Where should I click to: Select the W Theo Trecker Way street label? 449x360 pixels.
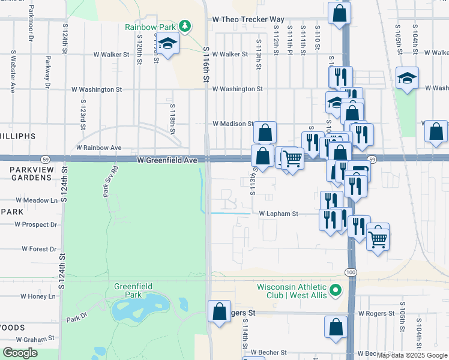tap(248, 19)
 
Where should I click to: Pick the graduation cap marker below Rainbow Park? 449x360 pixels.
tap(168, 44)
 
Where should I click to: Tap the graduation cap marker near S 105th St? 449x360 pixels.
tap(408, 78)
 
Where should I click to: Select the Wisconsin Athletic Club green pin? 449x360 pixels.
tap(336, 291)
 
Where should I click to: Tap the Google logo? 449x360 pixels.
tap(20, 353)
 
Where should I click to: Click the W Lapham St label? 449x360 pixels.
tap(279, 214)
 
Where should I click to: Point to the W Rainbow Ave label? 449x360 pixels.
tap(98, 148)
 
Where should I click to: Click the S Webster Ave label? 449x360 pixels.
tap(13, 71)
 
